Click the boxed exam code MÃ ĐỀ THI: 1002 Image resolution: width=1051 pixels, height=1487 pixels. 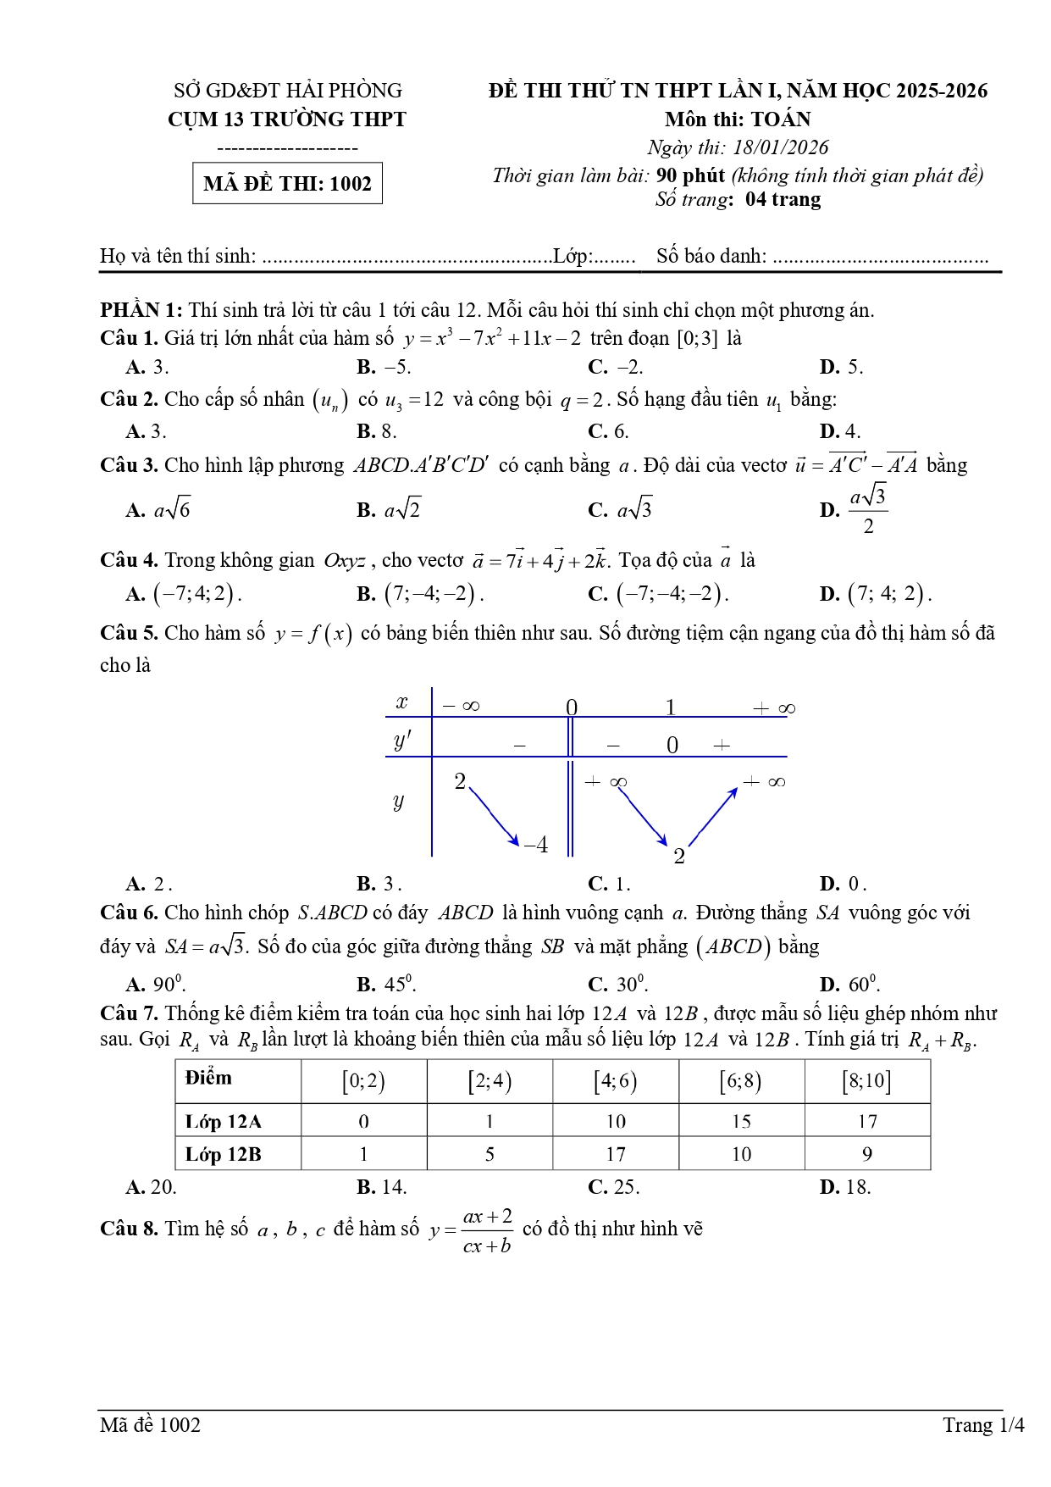pos(287,183)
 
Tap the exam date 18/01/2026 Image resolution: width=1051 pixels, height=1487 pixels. pos(780,147)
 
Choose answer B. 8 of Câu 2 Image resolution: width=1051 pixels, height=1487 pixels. pos(377,431)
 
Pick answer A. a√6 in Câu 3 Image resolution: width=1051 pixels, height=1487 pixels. pos(158,510)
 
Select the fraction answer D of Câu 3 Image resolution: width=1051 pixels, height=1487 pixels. pos(855,510)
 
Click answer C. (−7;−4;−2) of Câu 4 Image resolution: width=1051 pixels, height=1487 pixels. pos(658,594)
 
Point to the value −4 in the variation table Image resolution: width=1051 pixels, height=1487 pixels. pos(535,845)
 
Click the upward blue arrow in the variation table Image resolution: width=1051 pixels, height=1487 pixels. pos(713,815)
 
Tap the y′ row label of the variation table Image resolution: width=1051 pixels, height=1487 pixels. pos(401,741)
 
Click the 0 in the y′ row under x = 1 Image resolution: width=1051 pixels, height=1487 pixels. pos(672,745)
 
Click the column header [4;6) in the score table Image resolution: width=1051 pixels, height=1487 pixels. pos(615,1081)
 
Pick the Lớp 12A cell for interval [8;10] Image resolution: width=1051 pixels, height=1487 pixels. pos(867,1121)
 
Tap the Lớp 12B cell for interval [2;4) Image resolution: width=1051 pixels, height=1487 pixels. pos(490,1154)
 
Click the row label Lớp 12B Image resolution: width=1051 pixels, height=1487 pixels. pos(224,1154)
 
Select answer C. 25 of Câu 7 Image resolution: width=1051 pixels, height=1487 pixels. pos(614,1187)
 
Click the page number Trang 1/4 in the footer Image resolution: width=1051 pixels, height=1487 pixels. pos(983,1425)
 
